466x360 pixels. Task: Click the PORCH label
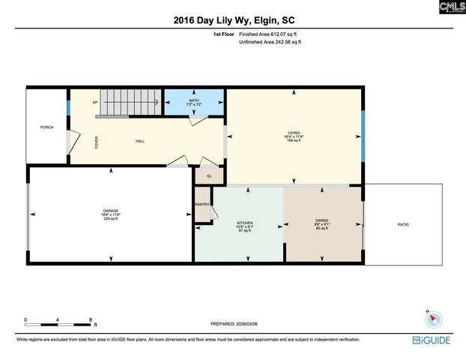click(46, 127)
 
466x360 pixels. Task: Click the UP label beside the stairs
click(95, 102)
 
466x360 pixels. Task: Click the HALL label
click(140, 141)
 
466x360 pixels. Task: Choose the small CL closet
click(209, 175)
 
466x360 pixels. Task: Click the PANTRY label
click(202, 204)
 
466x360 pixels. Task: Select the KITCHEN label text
click(244, 223)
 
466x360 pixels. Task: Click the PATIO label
click(402, 224)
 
